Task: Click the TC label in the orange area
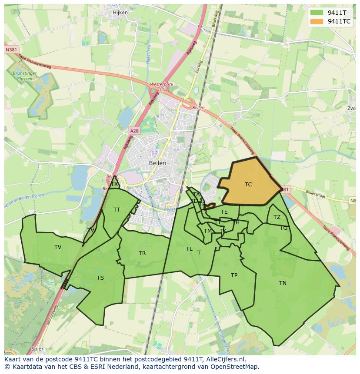tap(248, 185)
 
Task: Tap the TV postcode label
tap(58, 247)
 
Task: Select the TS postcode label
tap(100, 278)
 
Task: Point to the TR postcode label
tap(142, 253)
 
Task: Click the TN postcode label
tap(283, 283)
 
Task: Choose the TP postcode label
tap(234, 275)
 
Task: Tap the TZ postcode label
tap(277, 217)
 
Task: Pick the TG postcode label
tap(283, 228)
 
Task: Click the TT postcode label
tap(117, 210)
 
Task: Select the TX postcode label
tap(114, 184)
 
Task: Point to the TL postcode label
tap(189, 249)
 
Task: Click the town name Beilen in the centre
tap(157, 163)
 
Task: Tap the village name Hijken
tap(120, 13)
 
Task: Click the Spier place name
tap(37, 348)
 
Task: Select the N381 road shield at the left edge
tap(12, 50)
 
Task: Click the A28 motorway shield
tap(134, 131)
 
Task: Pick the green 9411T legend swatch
tap(317, 13)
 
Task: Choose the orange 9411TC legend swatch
tap(317, 21)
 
